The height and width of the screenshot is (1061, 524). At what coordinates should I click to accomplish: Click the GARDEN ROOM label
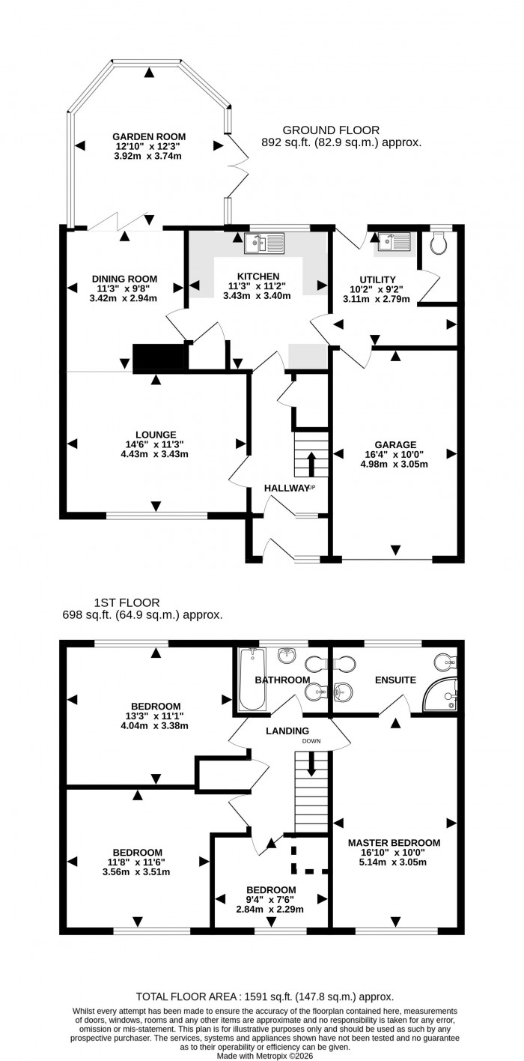point(147,136)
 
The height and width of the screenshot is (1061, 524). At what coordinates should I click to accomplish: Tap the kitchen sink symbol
point(264,243)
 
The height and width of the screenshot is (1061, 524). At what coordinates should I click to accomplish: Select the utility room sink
point(394,241)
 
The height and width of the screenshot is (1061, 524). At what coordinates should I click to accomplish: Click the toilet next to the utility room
point(440,242)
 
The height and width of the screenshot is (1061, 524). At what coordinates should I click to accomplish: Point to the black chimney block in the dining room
point(159,357)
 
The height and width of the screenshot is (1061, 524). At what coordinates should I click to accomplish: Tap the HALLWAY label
point(286,488)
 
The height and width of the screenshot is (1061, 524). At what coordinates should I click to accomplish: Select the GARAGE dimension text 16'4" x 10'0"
point(394,454)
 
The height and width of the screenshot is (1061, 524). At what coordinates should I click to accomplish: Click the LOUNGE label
point(156,435)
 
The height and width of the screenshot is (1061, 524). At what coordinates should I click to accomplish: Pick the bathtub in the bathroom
point(252,679)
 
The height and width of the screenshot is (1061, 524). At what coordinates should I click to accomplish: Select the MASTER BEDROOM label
point(394,842)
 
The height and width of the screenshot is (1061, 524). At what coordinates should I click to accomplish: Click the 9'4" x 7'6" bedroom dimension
point(271,900)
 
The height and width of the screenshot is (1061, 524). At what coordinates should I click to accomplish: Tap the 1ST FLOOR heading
point(127,602)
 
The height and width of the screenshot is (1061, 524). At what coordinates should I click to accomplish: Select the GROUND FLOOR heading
point(330,130)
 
